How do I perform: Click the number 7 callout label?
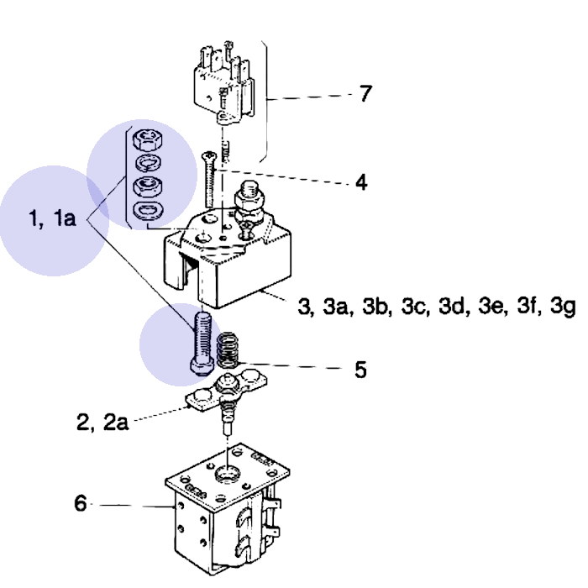tap(365, 94)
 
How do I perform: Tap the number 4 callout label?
tap(360, 181)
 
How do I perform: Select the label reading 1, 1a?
tap(52, 219)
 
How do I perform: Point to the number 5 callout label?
tap(360, 370)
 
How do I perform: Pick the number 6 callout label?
tap(81, 504)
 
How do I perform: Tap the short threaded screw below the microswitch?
tap(225, 154)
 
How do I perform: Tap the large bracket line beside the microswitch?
tap(266, 101)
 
